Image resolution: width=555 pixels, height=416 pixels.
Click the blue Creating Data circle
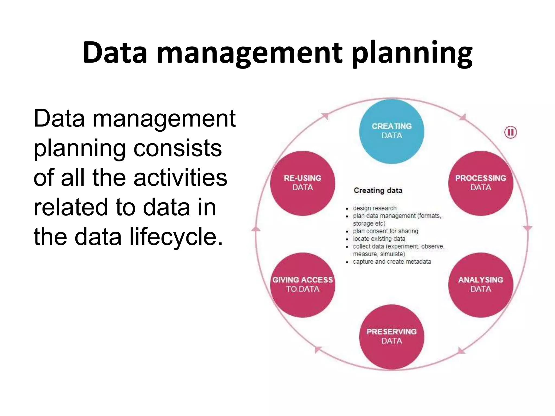tap(392, 131)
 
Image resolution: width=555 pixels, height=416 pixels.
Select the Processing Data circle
tap(480, 183)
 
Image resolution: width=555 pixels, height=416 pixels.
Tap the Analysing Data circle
tap(480, 285)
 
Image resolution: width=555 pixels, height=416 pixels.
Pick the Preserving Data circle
tap(392, 337)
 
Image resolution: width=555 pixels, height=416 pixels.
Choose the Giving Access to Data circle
tap(302, 285)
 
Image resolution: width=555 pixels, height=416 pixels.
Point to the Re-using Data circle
tap(302, 183)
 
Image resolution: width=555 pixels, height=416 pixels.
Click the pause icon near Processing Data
tap(511, 132)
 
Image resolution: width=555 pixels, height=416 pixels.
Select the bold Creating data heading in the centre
tap(378, 190)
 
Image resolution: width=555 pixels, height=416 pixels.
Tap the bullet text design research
tap(375, 208)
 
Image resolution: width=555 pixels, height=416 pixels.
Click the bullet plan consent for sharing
tap(385, 231)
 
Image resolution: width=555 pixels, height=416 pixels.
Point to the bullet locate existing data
tap(379, 239)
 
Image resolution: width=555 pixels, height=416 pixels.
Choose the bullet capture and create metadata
tap(392, 262)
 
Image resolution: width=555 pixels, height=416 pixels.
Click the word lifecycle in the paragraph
tap(176, 236)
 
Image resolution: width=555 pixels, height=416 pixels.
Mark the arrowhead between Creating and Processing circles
tap(462, 117)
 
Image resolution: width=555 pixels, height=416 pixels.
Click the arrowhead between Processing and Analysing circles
tap(527, 228)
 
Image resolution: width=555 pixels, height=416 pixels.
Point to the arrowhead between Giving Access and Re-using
tap(256, 229)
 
